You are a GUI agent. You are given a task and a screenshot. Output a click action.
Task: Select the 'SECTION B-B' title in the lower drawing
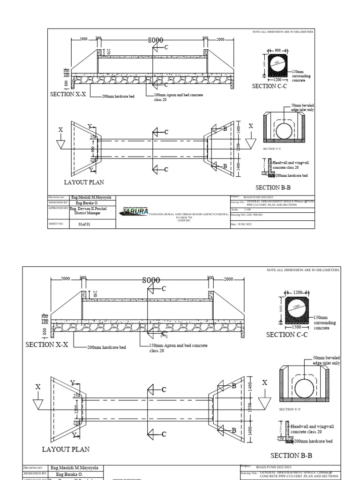[x=291, y=455]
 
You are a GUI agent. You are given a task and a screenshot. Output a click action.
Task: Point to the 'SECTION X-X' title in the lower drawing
[x=47, y=345]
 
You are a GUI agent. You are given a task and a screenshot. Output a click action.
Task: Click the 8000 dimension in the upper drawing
[x=155, y=40]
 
